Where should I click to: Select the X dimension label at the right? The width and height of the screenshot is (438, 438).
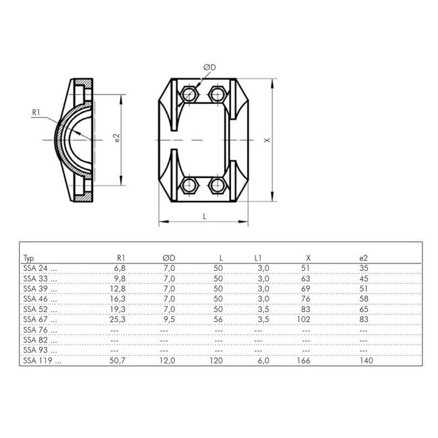268,142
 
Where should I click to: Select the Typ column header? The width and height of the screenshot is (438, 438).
28,257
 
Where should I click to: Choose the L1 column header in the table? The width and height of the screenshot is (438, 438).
258,257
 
